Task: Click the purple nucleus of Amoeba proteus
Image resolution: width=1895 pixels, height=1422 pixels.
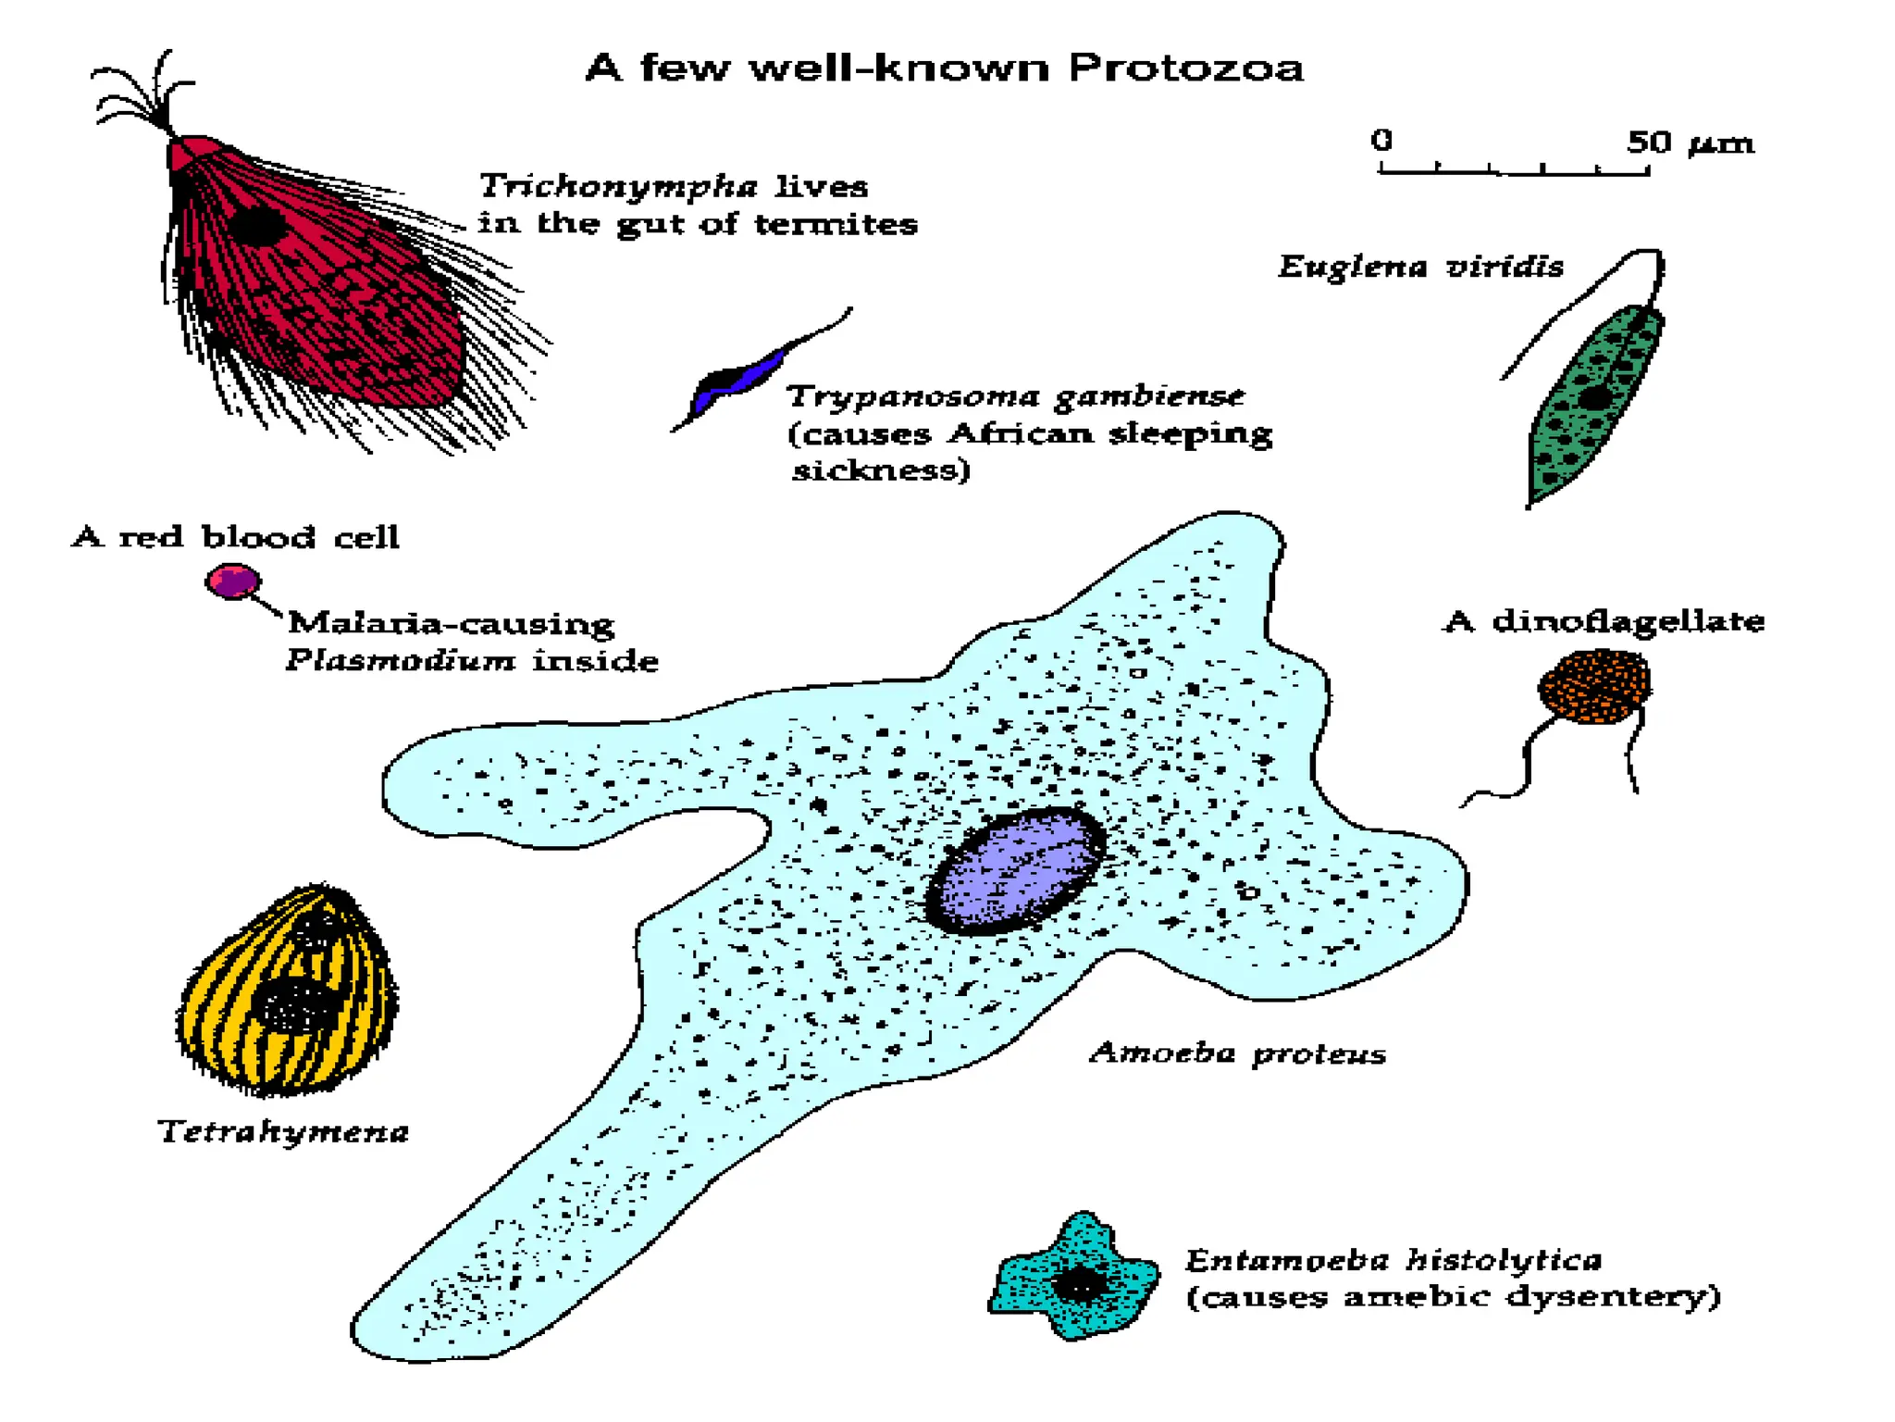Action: tap(1015, 871)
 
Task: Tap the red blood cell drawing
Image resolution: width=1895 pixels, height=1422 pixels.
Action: tap(232, 581)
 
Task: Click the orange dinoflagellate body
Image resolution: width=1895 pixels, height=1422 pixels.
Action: tap(1594, 686)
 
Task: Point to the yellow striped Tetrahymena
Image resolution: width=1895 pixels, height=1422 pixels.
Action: tap(288, 991)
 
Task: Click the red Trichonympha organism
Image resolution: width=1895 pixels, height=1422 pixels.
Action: tap(315, 278)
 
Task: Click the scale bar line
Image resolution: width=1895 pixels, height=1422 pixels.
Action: tap(1514, 171)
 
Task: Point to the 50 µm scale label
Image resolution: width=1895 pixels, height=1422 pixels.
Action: tap(1690, 143)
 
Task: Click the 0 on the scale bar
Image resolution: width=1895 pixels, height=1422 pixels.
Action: tap(1381, 140)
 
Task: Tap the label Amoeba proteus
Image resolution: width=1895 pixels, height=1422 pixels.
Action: tap(1237, 1054)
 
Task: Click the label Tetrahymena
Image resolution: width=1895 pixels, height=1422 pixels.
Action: tap(282, 1131)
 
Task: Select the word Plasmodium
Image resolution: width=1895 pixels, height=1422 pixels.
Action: tap(401, 660)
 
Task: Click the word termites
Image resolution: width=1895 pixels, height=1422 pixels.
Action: tap(836, 224)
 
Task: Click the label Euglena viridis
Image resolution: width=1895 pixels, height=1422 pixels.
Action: tap(1420, 268)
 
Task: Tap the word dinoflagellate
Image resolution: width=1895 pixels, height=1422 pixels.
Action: tap(1628, 621)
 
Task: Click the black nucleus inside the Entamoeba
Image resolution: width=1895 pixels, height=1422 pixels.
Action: tap(1077, 1285)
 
